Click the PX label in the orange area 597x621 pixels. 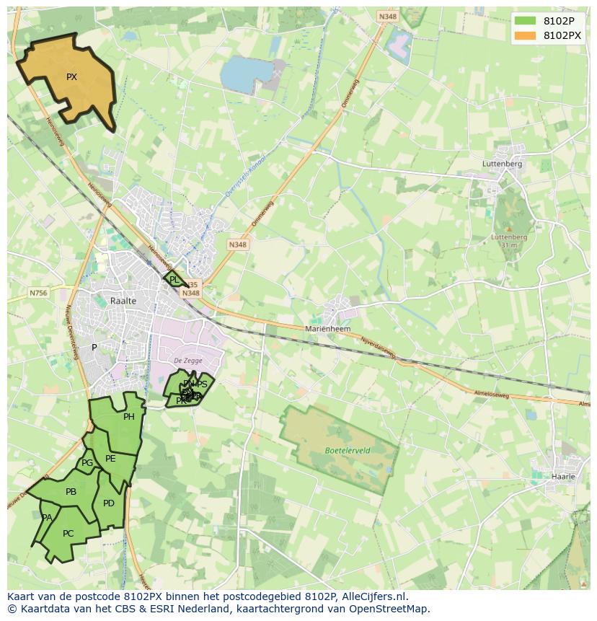click(x=71, y=77)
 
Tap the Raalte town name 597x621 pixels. click(x=123, y=301)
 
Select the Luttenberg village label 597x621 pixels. click(x=502, y=164)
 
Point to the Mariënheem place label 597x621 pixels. click(x=327, y=328)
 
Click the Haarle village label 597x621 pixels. click(x=563, y=477)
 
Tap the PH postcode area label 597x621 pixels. click(x=129, y=417)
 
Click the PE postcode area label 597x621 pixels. click(x=110, y=459)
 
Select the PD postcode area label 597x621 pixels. click(x=109, y=503)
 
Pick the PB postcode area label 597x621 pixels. click(x=71, y=492)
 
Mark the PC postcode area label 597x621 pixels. click(x=68, y=534)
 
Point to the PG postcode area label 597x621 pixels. click(x=87, y=463)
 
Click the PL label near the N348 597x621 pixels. click(x=174, y=280)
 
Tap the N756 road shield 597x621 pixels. click(x=38, y=293)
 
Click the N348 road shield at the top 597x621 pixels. click(x=386, y=17)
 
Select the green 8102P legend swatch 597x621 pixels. click(x=526, y=21)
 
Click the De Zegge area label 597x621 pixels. click(x=187, y=361)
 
